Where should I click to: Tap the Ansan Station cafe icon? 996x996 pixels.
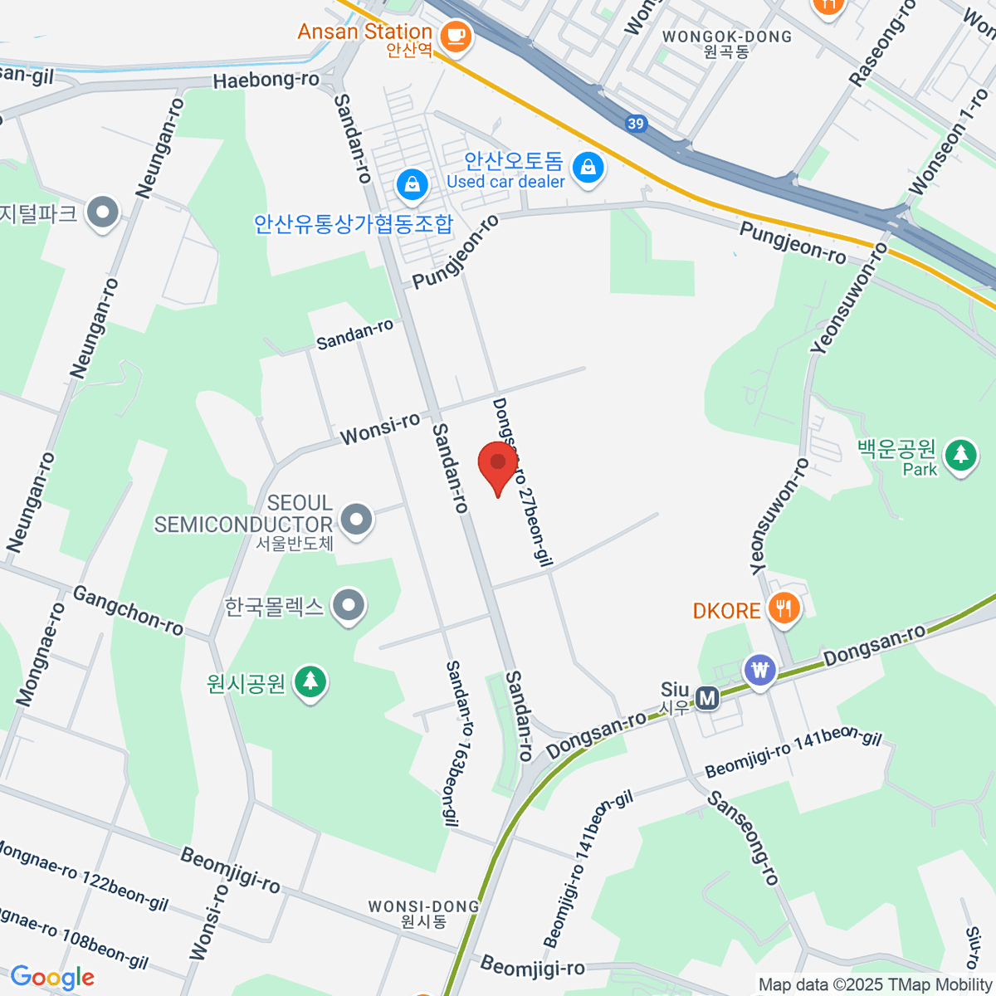(455, 35)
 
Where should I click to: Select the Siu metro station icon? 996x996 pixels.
(707, 698)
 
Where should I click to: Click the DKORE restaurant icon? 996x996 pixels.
(783, 609)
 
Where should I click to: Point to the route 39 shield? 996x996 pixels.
(635, 124)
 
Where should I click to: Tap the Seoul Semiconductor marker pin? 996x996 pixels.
(358, 520)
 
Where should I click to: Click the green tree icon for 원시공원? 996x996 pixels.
(310, 682)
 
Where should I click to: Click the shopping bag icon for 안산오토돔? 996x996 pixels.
(588, 168)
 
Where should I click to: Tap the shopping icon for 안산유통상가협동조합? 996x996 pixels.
(412, 184)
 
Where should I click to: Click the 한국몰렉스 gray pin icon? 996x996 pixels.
(349, 606)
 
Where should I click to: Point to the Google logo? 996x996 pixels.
(52, 977)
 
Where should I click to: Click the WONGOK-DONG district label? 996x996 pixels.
(727, 37)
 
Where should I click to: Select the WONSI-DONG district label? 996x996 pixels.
(423, 907)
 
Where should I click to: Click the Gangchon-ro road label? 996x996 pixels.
(128, 610)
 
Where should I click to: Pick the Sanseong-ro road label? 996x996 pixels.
(743, 838)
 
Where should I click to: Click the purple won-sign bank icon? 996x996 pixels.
(759, 669)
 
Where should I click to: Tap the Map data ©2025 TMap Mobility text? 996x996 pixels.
(876, 985)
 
